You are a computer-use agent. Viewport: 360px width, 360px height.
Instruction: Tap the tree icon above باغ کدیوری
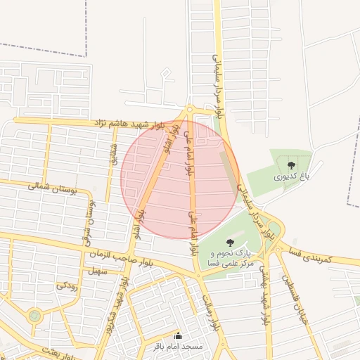tap(291, 166)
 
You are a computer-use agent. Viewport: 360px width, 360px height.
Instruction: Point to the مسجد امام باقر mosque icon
tap(177, 336)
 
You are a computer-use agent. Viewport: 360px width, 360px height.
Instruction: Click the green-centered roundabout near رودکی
tap(34, 316)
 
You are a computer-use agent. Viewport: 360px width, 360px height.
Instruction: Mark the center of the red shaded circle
tap(180, 179)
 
